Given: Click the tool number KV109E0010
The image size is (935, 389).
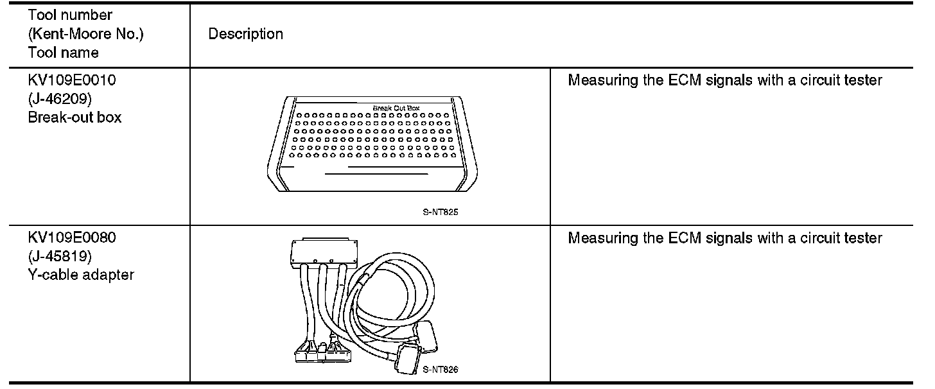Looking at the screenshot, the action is click(x=72, y=80).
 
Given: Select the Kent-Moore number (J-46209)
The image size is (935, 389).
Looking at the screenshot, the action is click(x=60, y=99).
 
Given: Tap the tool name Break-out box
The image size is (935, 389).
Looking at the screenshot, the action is click(x=74, y=117).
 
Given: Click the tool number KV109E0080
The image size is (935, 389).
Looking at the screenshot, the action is click(x=72, y=238).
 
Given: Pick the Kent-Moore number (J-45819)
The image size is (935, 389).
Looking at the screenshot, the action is click(x=60, y=256).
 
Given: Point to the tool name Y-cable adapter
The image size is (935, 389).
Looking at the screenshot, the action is click(x=81, y=275).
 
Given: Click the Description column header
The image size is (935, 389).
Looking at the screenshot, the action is click(x=245, y=34).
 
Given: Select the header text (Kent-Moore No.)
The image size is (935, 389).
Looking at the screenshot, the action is click(x=85, y=34).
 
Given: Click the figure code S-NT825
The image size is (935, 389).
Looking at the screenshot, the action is click(x=441, y=212).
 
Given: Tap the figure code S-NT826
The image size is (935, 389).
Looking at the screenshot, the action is click(x=441, y=369).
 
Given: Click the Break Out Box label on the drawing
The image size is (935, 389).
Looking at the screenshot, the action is click(x=396, y=108).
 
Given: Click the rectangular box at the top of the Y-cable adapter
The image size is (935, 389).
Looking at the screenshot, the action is click(x=324, y=252).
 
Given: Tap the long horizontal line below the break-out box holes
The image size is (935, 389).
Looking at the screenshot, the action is click(x=376, y=174).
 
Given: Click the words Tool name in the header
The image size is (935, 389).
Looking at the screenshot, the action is click(x=63, y=53).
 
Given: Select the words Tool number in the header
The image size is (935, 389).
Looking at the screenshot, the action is click(x=70, y=15).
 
